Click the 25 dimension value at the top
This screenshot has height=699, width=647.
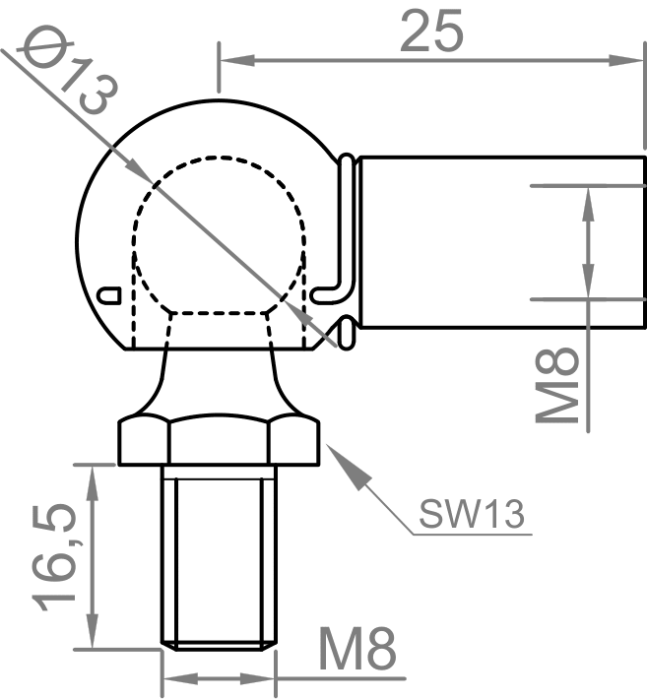[x=431, y=32]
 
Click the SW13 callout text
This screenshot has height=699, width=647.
[x=470, y=513]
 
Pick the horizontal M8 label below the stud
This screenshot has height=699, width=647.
[x=357, y=651]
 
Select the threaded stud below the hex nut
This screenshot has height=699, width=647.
[x=219, y=556]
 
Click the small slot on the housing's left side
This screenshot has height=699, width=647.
[x=110, y=293]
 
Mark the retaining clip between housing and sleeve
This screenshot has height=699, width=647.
[x=344, y=246]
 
